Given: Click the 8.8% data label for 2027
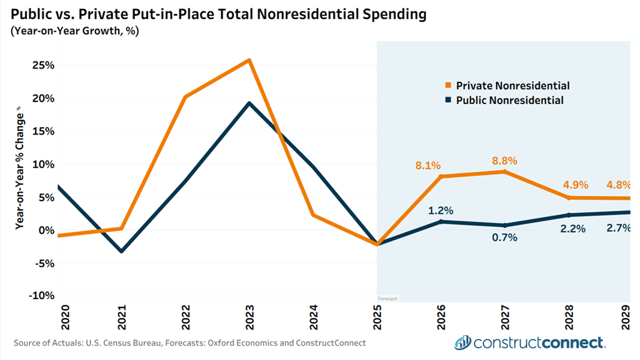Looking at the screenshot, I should pos(505,161).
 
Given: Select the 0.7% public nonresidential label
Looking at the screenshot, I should pos(505,238).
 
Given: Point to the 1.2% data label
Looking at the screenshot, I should pos(441,210).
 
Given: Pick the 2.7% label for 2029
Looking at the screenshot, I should pos(618,229).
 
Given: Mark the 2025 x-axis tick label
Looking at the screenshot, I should pos(377,317).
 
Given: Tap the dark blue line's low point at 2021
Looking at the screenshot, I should pos(121,251).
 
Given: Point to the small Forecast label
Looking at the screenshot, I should pos(388,299).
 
